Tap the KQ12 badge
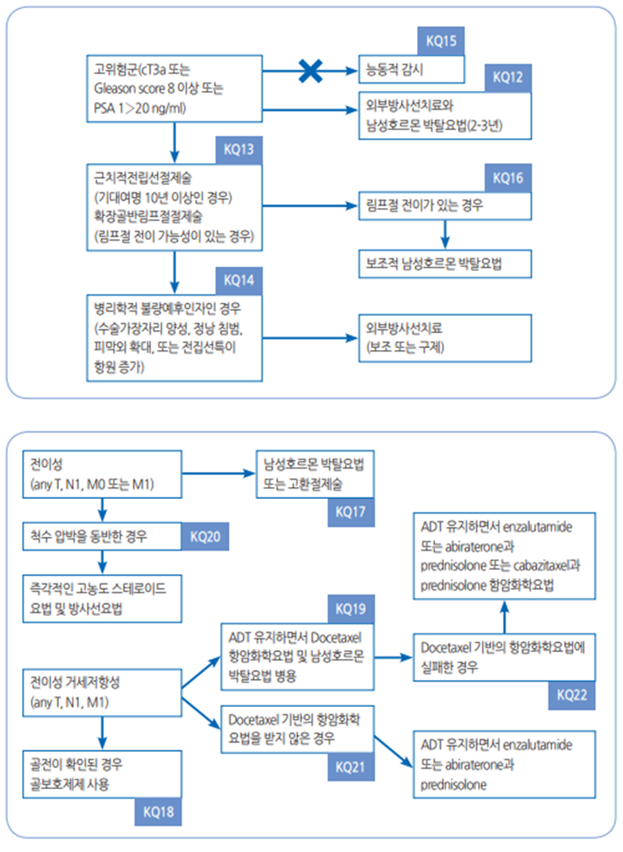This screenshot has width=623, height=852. pyautogui.click(x=507, y=77)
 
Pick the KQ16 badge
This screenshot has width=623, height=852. pyautogui.click(x=507, y=178)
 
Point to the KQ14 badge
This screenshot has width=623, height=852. pyautogui.click(x=239, y=281)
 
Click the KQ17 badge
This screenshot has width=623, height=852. pyautogui.click(x=351, y=512)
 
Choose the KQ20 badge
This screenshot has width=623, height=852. pyautogui.click(x=206, y=536)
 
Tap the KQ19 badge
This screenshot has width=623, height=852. pyautogui.click(x=351, y=610)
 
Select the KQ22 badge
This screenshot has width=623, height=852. pyautogui.click(x=572, y=694)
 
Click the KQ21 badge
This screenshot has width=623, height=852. pyautogui.click(x=351, y=767)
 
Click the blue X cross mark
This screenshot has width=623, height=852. pyautogui.click(x=309, y=71)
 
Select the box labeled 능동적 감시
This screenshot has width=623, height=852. pyautogui.click(x=409, y=69)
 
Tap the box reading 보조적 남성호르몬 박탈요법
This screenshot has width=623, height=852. pyautogui.click(x=445, y=264)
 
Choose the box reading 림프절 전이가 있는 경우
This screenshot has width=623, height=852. pyautogui.click(x=445, y=205)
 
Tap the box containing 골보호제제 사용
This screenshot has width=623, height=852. pyautogui.click(x=101, y=772)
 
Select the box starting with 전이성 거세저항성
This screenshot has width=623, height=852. pyautogui.click(x=101, y=693)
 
